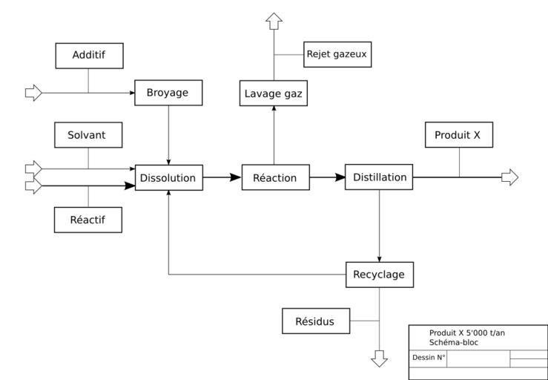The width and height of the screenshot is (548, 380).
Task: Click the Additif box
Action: click(89, 56)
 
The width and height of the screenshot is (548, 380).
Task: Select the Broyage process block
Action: click(168, 93)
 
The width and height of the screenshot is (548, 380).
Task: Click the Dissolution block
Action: click(168, 178)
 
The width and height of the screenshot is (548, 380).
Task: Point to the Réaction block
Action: click(275, 178)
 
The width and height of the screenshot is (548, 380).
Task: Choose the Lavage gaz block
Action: click(274, 94)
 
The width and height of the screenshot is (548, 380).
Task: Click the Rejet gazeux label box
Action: click(337, 54)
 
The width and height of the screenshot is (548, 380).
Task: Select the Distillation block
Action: click(379, 177)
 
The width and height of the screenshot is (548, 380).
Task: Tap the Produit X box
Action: click(459, 135)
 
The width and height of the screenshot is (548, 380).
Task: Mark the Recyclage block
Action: click(380, 275)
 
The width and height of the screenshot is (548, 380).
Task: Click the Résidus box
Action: click(316, 321)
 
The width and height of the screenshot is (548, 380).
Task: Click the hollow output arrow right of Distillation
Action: click(510, 177)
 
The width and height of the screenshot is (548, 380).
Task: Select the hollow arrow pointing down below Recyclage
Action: click(380, 358)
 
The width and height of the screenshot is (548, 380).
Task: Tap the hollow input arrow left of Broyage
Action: click(33, 93)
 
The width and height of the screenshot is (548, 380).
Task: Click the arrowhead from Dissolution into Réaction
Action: click(235, 178)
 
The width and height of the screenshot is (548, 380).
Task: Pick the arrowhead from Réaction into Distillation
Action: click(340, 178)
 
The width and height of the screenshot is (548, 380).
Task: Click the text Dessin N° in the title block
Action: click(429, 358)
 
